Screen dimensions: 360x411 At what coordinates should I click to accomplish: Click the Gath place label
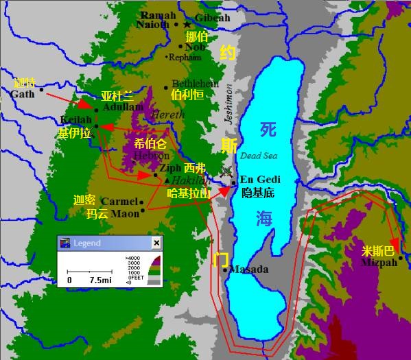22,94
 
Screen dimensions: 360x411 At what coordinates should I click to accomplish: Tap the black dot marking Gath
42,88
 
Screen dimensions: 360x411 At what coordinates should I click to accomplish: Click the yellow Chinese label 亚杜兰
117,97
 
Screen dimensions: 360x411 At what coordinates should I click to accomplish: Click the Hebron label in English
152,156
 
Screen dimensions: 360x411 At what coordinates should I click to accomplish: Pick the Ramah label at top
158,15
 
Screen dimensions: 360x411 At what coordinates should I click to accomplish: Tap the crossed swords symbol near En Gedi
226,171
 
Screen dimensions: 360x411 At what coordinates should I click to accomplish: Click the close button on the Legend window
156,243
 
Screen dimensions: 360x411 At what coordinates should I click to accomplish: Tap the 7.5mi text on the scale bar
100,280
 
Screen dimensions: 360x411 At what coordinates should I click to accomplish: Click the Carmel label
119,202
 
